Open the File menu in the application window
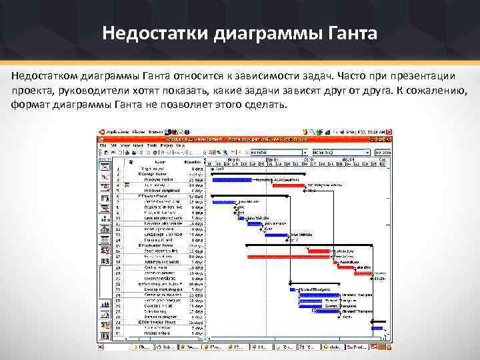tap(102, 145)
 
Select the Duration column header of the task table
tap(194, 161)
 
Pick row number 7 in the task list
tap(118, 202)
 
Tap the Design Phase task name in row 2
tap(153, 175)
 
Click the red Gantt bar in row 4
tap(287, 185)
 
